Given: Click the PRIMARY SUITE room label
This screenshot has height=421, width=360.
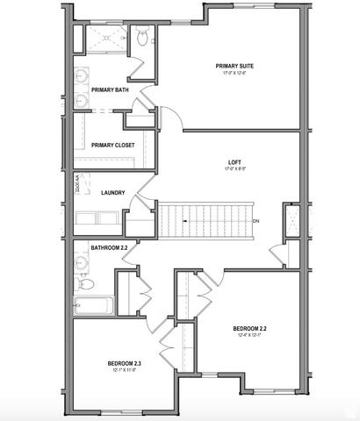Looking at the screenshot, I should pyautogui.click(x=236, y=66).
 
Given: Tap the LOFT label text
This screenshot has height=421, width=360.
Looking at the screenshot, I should pyautogui.click(x=234, y=163).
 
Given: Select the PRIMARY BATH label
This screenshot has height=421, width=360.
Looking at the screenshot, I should pyautogui.click(x=110, y=89).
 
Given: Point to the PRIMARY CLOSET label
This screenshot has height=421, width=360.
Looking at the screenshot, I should pyautogui.click(x=112, y=145).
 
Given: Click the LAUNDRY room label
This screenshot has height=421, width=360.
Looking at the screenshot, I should pyautogui.click(x=113, y=193).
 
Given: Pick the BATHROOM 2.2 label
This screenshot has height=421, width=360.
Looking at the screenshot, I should pyautogui.click(x=110, y=248).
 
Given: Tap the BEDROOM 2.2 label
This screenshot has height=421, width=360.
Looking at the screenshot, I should pyautogui.click(x=251, y=329).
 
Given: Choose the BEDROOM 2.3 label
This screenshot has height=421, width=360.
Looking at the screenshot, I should pyautogui.click(x=126, y=361).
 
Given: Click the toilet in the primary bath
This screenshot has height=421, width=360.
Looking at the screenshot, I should pyautogui.click(x=143, y=36).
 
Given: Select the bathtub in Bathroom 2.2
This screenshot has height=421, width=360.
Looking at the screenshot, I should pyautogui.click(x=92, y=308).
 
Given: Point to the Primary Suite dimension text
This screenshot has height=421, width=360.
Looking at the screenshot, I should pyautogui.click(x=236, y=74).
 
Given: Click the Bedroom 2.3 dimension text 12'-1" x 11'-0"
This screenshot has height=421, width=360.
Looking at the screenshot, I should pyautogui.click(x=126, y=369).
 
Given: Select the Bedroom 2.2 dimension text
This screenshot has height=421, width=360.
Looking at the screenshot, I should pyautogui.click(x=251, y=337).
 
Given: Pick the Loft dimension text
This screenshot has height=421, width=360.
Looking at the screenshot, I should pyautogui.click(x=234, y=171).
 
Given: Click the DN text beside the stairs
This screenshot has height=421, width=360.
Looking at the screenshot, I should pyautogui.click(x=256, y=221).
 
